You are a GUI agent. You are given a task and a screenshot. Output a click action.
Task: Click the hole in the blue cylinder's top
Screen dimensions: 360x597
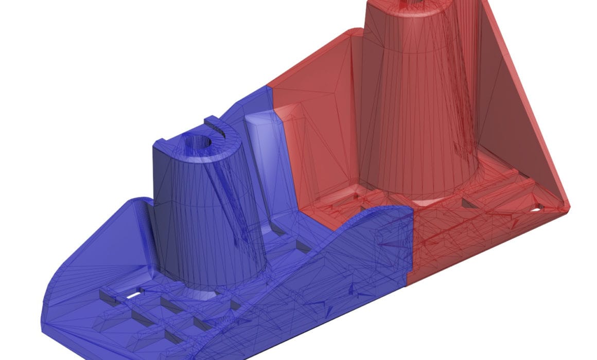point(198,140)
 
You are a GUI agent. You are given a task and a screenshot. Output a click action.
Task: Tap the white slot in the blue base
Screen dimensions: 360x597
point(131,296)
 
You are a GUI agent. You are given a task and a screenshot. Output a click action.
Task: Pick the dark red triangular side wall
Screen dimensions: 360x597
point(510,118)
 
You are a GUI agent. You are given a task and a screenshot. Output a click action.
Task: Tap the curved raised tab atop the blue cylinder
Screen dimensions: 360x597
point(219,126)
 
